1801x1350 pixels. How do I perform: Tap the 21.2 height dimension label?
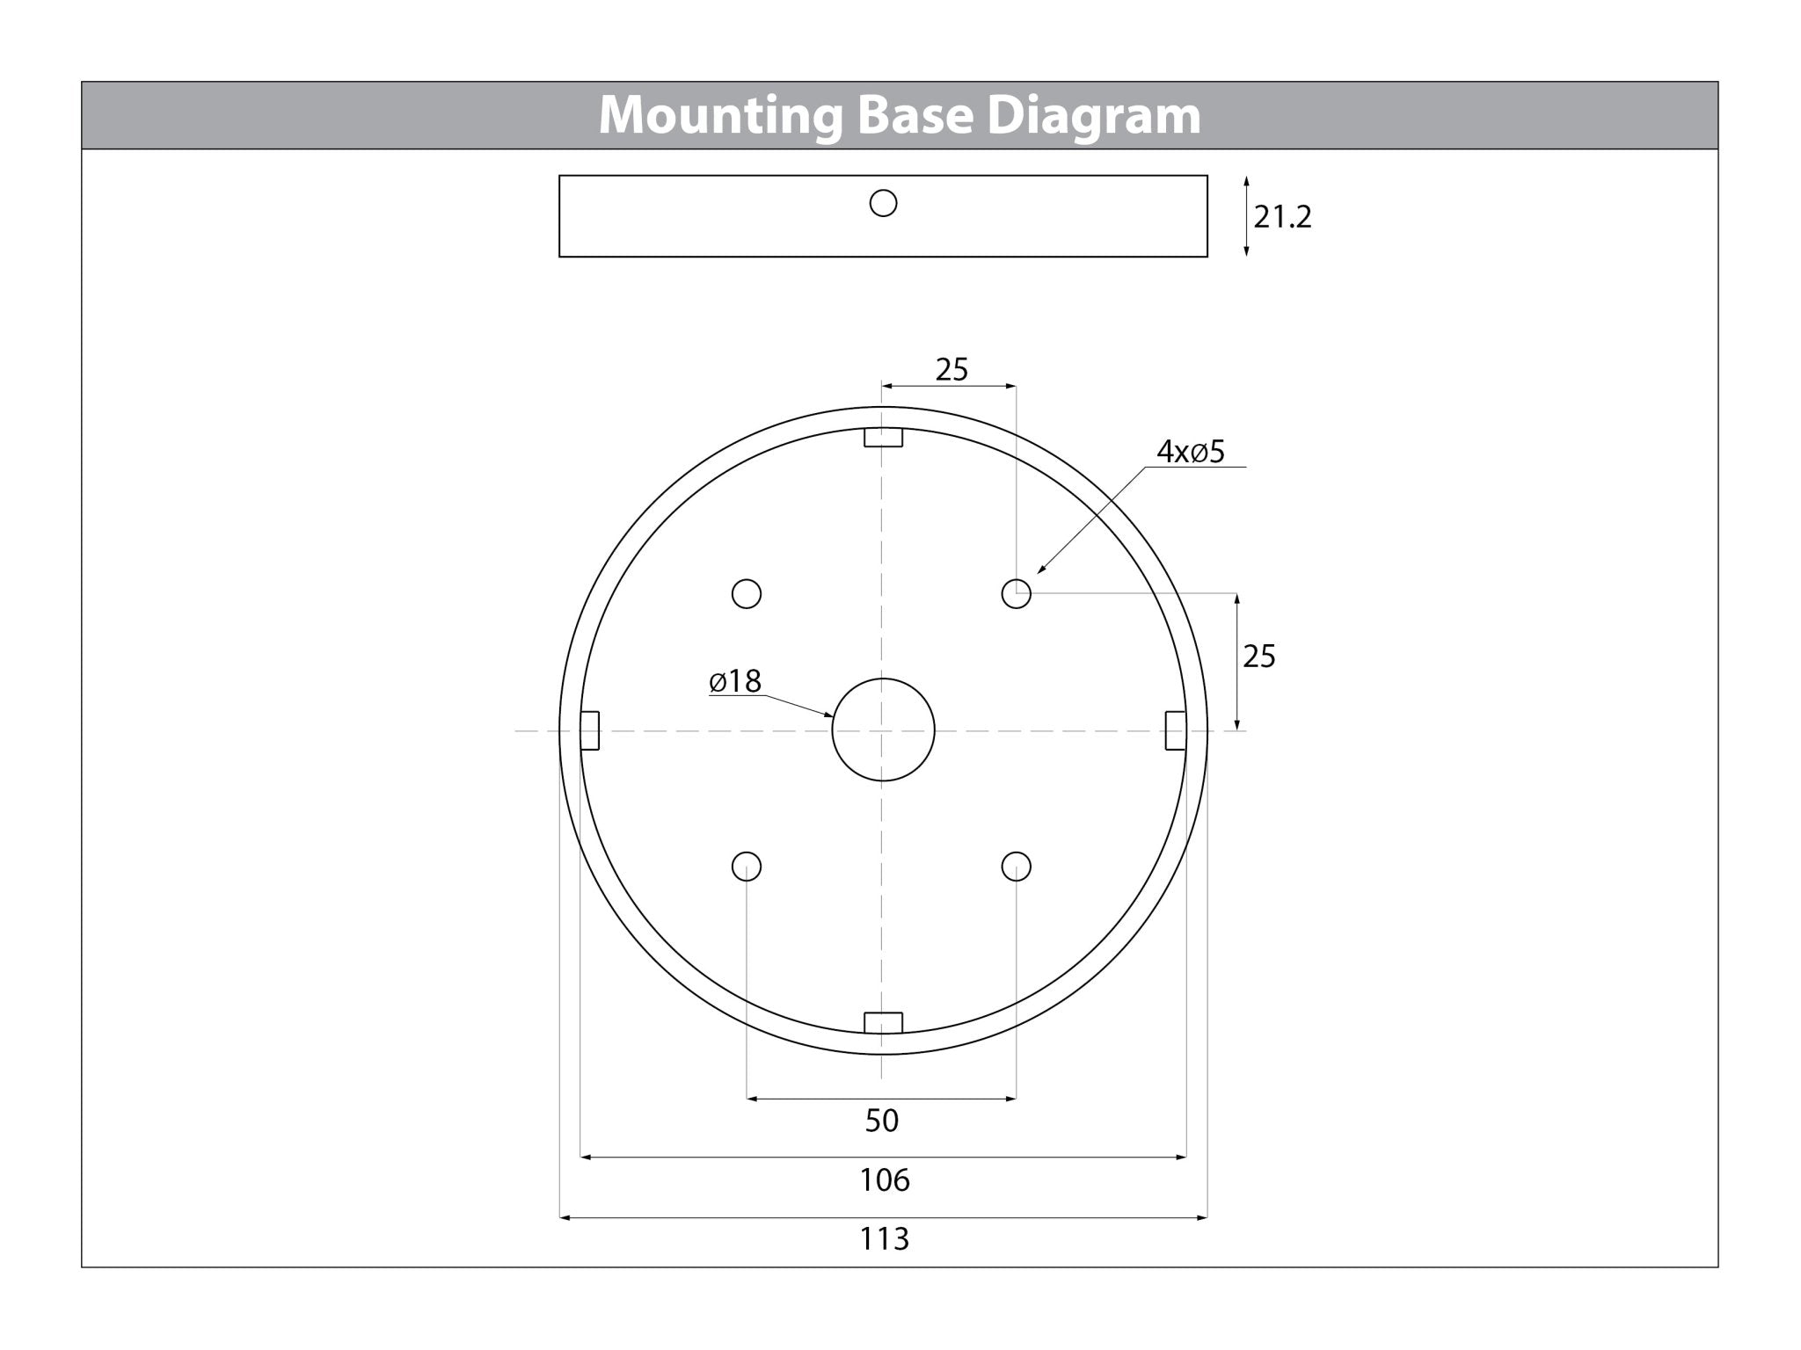coord(1282,216)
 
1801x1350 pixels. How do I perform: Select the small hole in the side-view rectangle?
coord(883,204)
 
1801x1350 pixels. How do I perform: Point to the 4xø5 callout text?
coord(1191,452)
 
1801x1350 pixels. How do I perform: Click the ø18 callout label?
coord(735,681)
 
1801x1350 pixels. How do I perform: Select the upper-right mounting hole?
coord(1017,594)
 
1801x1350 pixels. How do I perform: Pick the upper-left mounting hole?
coord(747,594)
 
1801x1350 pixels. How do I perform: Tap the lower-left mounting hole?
coord(747,867)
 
